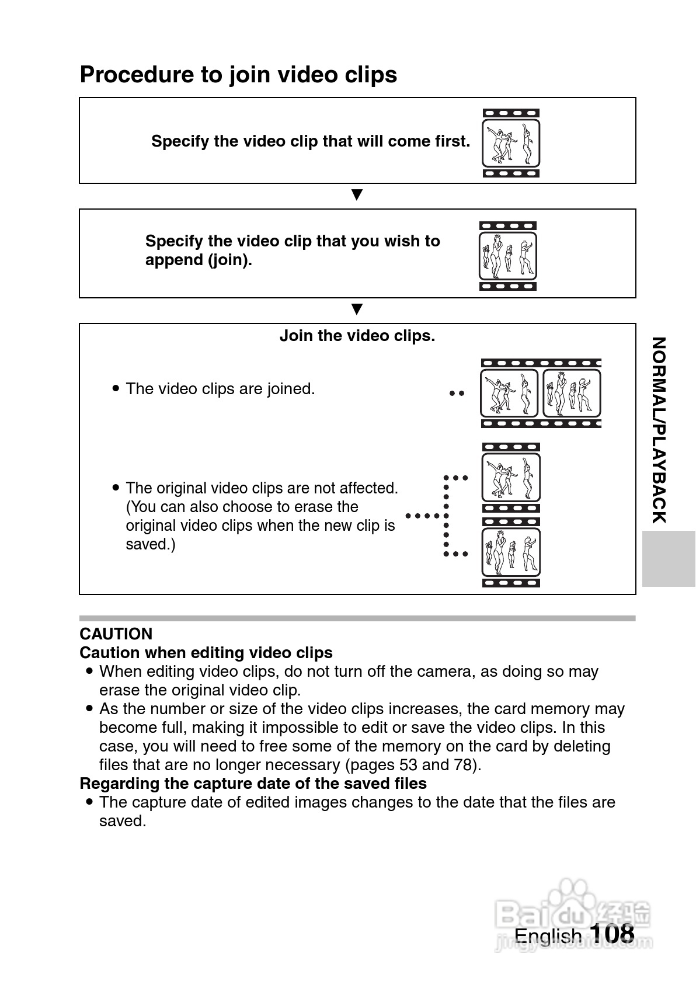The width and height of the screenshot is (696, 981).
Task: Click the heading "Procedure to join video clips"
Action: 238,75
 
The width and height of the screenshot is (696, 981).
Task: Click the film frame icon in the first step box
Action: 511,143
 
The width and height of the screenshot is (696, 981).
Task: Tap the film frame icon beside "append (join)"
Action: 507,256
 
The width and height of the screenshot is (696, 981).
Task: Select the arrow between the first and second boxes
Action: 357,194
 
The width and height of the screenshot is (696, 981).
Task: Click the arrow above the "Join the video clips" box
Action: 357,309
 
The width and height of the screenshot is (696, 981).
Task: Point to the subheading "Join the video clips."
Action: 357,336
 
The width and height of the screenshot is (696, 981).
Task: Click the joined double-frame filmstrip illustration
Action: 541,393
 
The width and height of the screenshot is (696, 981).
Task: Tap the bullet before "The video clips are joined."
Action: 116,388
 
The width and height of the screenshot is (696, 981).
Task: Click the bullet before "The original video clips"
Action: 116,487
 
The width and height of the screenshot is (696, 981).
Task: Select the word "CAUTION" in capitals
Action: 116,634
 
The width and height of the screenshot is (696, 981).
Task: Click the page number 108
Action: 611,933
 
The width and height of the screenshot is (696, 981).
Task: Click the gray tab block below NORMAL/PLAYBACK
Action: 668,558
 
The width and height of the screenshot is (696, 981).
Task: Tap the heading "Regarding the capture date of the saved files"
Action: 253,783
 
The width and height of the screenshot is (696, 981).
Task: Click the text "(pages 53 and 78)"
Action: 413,764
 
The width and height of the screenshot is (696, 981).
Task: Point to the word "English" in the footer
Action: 548,935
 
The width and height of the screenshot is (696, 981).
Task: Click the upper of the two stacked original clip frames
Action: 511,477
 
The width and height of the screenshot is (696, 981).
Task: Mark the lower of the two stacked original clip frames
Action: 511,552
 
